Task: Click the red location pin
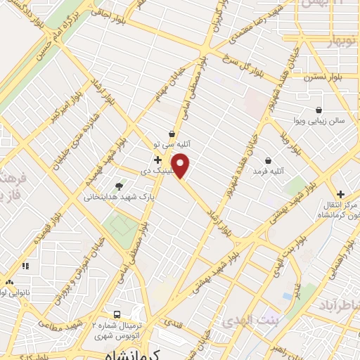181,165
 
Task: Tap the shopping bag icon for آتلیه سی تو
172,134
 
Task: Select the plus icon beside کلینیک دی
157,160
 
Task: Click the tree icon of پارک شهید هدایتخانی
118,186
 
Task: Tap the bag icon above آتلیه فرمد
269,160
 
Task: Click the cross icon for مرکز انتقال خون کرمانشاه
340,194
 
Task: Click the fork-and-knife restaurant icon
26,266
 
